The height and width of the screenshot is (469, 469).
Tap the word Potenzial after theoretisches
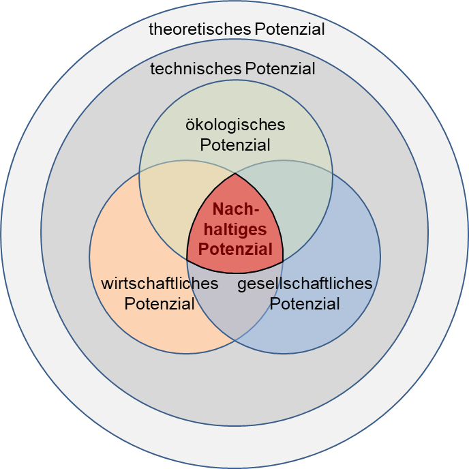tap(289, 29)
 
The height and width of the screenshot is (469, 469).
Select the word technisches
tap(195, 69)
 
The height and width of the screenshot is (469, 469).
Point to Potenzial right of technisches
tap(279, 69)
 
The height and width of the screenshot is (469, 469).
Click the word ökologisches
tap(235, 125)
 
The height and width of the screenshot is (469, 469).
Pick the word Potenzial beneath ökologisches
tap(235, 145)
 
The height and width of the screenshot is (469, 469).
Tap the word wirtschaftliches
tap(160, 284)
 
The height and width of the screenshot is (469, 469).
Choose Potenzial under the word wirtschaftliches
tap(160, 303)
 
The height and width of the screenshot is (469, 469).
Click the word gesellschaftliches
tap(305, 284)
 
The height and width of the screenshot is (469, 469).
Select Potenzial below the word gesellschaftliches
tap(305, 303)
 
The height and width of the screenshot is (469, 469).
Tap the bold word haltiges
tap(235, 230)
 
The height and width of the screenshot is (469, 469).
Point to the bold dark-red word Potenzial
tap(235, 249)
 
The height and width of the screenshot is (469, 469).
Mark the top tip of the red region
tap(235, 173)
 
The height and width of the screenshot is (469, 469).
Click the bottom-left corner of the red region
tap(187, 260)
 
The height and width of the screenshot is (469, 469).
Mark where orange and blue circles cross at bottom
tap(235, 340)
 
